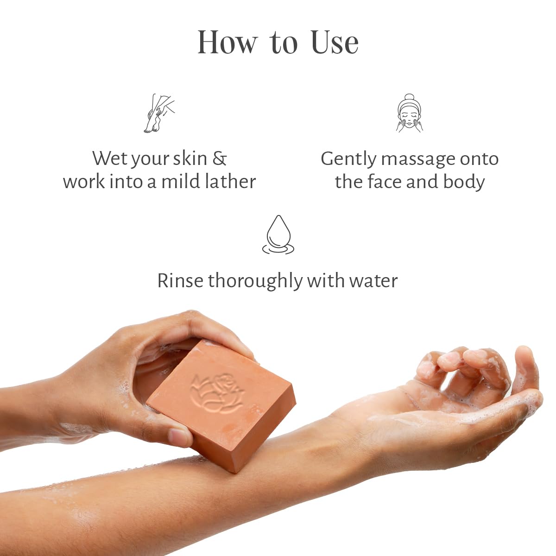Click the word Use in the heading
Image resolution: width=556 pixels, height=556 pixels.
(x=335, y=43)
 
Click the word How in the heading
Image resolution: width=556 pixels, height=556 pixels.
(x=227, y=43)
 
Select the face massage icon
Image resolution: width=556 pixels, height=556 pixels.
(x=410, y=114)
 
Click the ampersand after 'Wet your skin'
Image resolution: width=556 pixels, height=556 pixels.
(x=220, y=158)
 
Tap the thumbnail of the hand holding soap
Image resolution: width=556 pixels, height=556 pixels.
(x=179, y=436)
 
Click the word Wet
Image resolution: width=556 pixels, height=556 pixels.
(x=107, y=158)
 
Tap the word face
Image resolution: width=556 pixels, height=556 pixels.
(x=385, y=181)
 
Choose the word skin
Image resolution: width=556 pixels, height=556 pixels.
(x=190, y=158)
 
